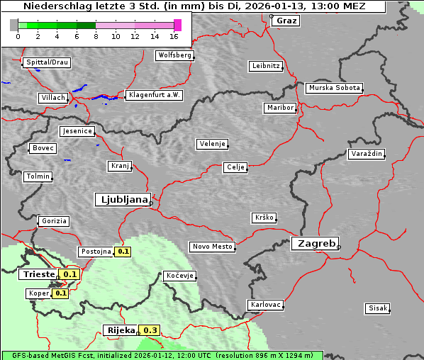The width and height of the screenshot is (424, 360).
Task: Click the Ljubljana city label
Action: pos(122,200)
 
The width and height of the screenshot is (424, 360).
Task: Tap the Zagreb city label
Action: pos(314,243)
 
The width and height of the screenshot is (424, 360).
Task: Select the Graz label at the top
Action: pos(286,21)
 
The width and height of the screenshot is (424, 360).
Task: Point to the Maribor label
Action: pos(279,108)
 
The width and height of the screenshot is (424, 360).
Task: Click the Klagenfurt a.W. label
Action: pos(154,95)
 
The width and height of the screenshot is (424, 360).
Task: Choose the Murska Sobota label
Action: pos(334,89)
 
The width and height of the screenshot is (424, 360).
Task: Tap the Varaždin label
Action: pos(367,154)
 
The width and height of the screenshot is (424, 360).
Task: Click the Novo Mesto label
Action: pos(212,247)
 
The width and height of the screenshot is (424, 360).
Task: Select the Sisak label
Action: pos(377,308)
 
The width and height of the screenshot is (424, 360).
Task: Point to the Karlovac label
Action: pos(266,305)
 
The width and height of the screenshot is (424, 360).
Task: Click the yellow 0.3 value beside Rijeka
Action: pos(150,330)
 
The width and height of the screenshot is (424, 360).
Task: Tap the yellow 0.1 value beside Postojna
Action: pos(123,252)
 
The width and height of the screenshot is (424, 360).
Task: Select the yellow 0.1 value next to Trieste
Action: pos(70,274)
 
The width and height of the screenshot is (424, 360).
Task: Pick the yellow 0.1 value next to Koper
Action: pos(60,293)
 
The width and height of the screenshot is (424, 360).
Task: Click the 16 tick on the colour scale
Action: pos(174,35)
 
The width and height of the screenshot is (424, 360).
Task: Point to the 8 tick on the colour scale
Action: pos(96,35)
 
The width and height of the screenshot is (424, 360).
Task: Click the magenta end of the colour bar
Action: pos(177,25)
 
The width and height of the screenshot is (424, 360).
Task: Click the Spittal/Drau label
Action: pos(47,62)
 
